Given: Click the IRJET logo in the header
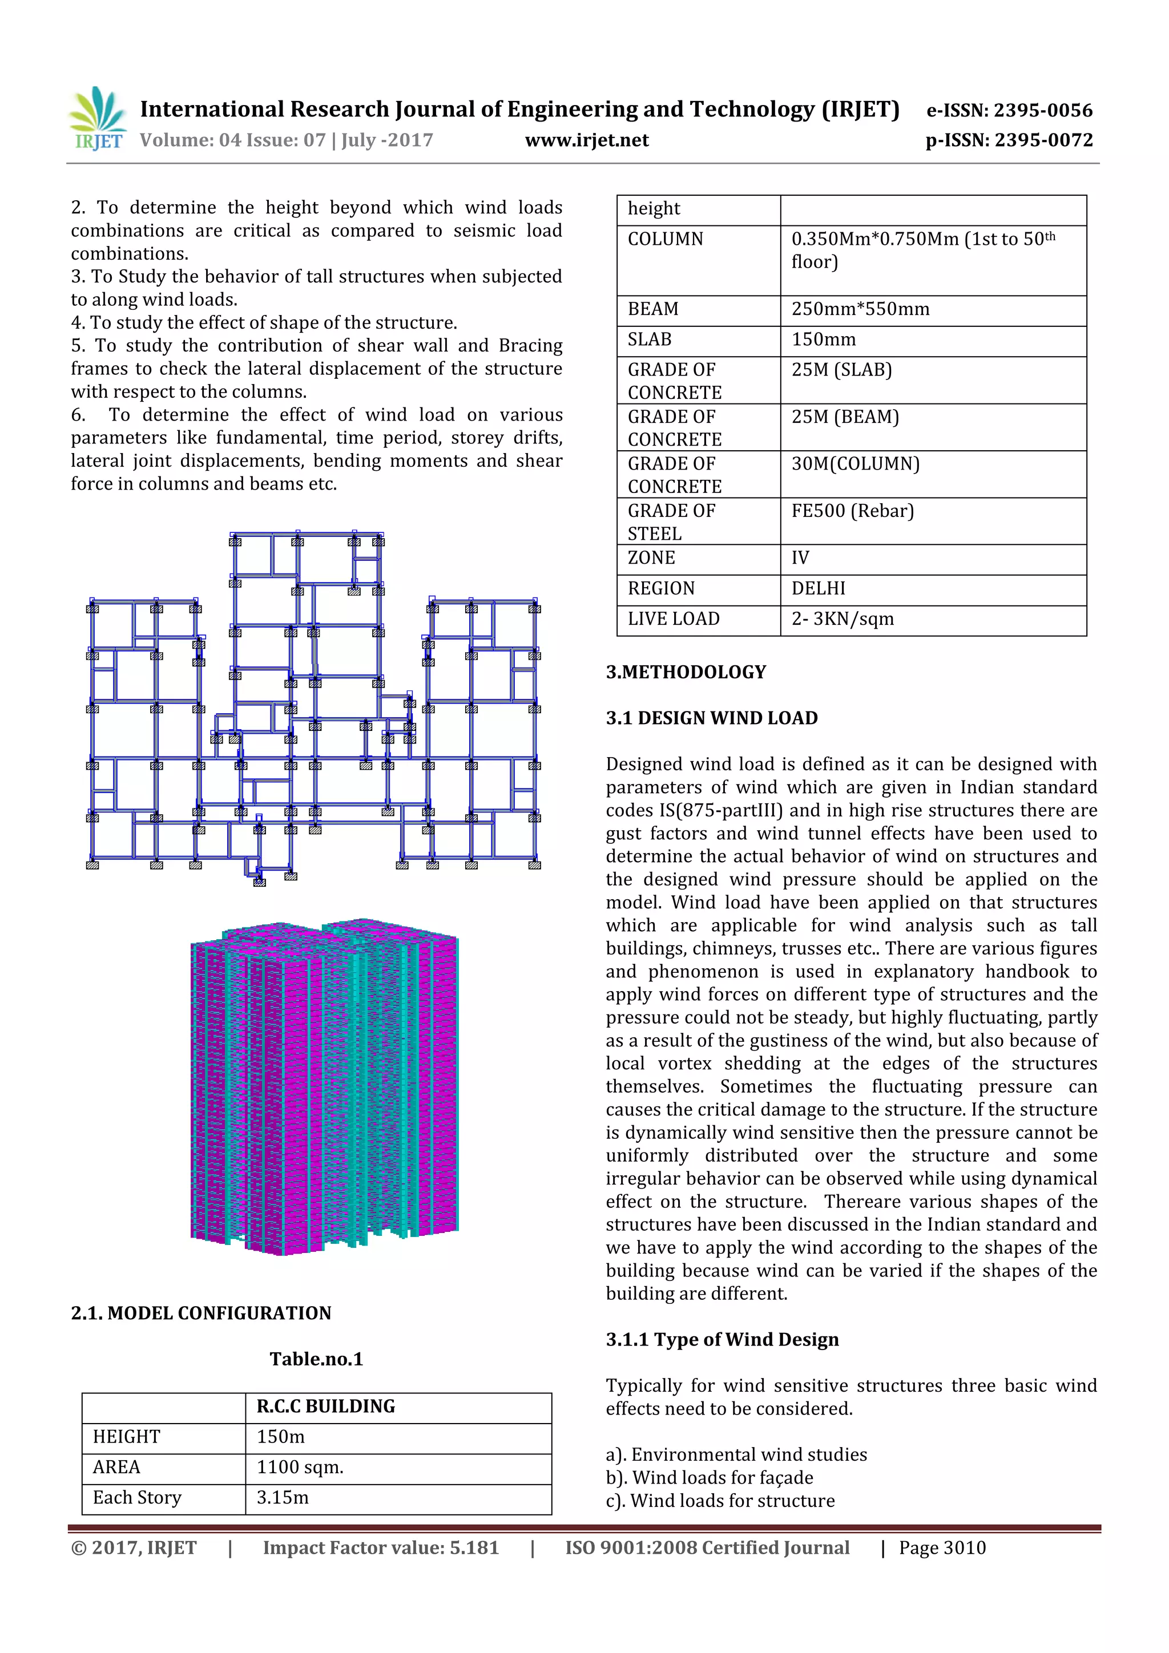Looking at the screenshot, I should coord(97,119).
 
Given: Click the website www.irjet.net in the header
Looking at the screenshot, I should coord(586,140).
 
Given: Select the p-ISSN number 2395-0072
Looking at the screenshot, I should coord(1043,140).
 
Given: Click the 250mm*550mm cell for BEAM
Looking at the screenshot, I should coord(860,309).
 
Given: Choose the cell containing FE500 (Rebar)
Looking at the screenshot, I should coord(852,511).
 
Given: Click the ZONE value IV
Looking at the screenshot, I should coord(800,558).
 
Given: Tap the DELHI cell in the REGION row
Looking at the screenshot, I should coord(818,588).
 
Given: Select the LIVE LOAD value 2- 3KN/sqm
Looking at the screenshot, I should coord(842,619).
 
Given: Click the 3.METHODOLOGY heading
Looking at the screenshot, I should coord(685,672).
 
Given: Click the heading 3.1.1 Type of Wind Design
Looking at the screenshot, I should coord(721,1339).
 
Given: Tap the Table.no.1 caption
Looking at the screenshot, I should coord(316,1359).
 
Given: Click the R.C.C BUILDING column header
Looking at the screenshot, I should coord(325,1406).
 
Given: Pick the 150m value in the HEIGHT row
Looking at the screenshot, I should coord(280,1436).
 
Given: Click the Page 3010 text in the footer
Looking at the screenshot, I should coord(941,1547).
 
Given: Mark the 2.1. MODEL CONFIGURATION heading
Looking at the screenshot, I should coord(201,1312).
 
